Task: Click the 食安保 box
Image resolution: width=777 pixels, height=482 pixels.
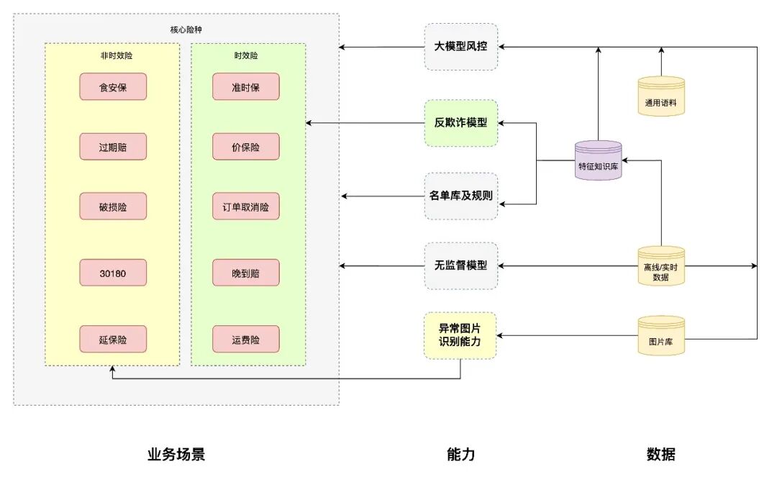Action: tap(113, 87)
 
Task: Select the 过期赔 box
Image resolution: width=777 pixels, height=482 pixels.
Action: tap(113, 147)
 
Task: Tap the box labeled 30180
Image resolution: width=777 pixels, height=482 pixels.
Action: tap(113, 273)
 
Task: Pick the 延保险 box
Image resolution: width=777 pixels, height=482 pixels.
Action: tap(113, 340)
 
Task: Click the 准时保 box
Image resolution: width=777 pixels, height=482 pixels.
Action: tap(246, 87)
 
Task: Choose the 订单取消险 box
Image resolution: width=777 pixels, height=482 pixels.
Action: tap(246, 206)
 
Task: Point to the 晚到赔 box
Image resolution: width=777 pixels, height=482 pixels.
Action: tap(246, 273)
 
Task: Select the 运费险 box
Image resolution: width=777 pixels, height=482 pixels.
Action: tap(246, 340)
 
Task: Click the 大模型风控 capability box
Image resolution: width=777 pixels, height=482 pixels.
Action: tap(460, 47)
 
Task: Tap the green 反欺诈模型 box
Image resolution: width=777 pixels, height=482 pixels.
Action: tap(460, 122)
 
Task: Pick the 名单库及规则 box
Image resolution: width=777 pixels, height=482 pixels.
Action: tap(460, 196)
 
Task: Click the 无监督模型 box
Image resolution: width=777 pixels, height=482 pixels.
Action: tap(460, 265)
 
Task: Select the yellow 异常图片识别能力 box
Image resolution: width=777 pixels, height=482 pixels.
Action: tap(460, 335)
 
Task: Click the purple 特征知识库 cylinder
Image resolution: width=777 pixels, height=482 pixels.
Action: tap(598, 160)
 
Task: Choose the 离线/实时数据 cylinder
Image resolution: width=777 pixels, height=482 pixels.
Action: tap(660, 266)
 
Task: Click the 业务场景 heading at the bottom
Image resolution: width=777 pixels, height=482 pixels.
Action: tap(176, 455)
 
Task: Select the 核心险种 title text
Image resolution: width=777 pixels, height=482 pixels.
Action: tap(176, 30)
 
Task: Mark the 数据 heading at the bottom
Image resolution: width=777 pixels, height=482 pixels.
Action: tap(660, 455)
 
